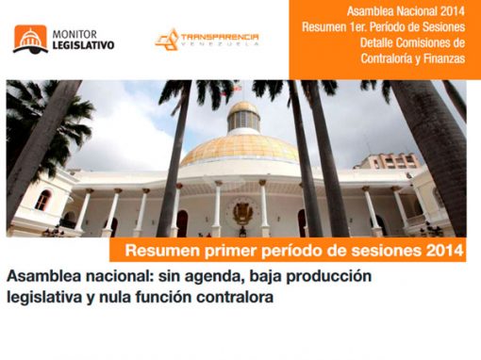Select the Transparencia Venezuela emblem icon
[166, 40]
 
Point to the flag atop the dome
[239, 86]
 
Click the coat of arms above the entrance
[241, 211]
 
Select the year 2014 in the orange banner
[443, 252]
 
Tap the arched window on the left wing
[43, 200]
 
